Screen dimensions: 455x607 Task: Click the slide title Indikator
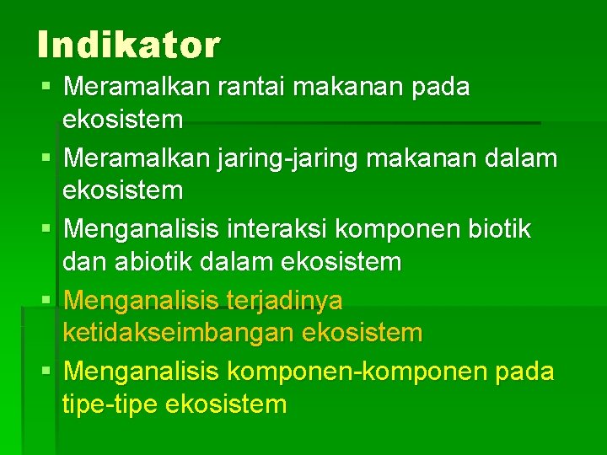[x=128, y=45]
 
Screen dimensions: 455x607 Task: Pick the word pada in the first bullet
[x=441, y=86]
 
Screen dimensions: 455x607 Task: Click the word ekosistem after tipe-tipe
[x=227, y=404]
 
